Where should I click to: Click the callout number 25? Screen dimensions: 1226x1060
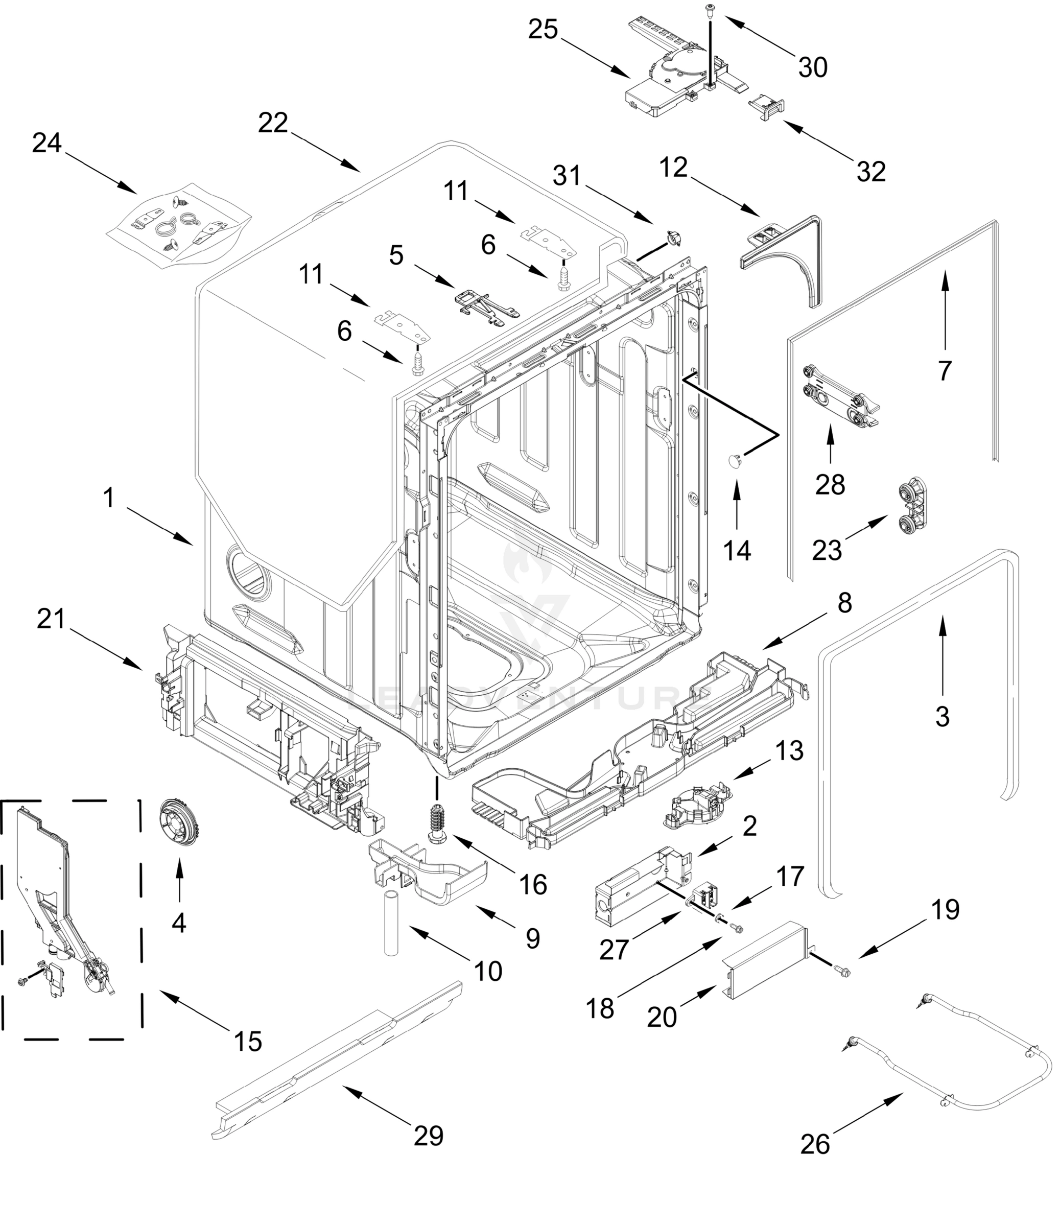click(x=543, y=30)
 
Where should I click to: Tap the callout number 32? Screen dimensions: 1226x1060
click(x=870, y=172)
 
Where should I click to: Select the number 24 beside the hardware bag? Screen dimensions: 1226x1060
click(x=47, y=143)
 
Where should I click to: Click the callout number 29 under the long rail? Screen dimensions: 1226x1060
click(x=429, y=1136)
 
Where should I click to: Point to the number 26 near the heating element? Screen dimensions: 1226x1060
click(x=815, y=1144)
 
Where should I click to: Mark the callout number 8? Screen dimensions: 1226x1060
click(x=844, y=603)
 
